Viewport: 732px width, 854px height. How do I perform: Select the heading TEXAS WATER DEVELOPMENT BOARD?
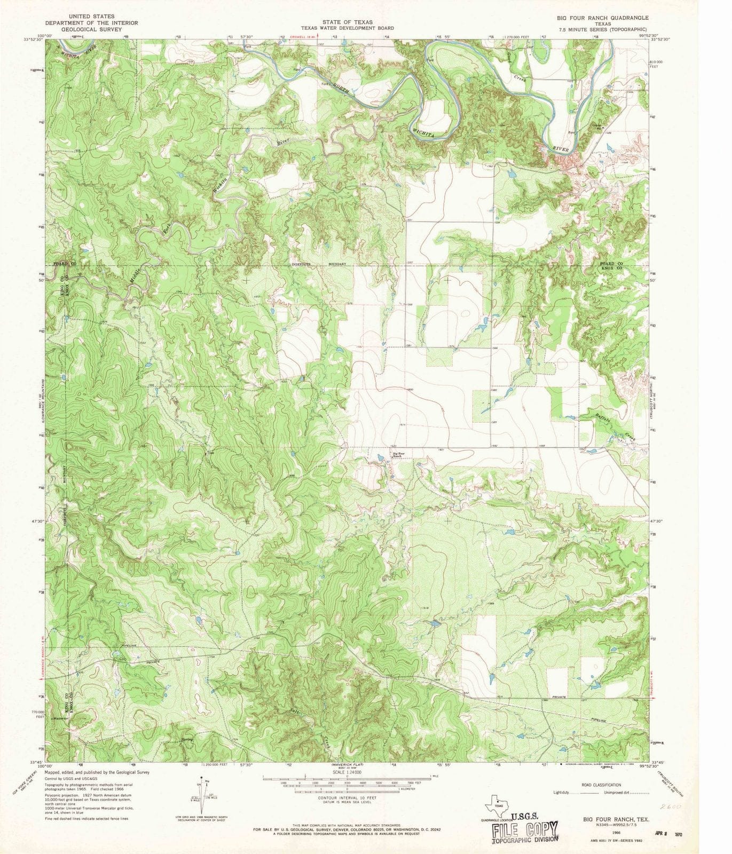pos(347,28)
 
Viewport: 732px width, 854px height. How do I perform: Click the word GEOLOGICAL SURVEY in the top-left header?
pos(91,29)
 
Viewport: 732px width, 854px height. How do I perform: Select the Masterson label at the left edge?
pos(62,718)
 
